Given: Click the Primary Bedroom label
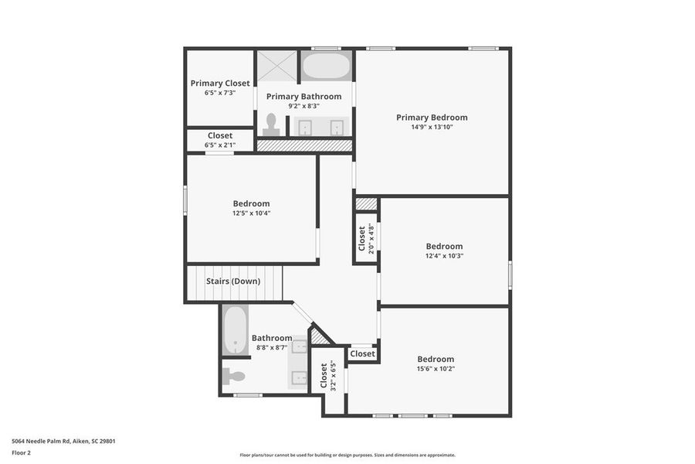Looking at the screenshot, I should (432, 118).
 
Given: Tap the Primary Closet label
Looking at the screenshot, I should (220, 83).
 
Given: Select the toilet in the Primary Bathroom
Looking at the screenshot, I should (271, 124).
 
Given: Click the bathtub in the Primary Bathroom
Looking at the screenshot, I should (325, 67).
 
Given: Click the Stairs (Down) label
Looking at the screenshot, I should (232, 281).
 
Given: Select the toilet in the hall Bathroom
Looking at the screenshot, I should (234, 377).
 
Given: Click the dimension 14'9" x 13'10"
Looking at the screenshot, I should (432, 127).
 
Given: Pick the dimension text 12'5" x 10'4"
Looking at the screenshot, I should (251, 213).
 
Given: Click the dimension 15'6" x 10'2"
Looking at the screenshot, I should (436, 369).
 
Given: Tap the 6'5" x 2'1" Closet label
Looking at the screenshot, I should (219, 135).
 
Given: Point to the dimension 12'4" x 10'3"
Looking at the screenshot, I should (444, 256).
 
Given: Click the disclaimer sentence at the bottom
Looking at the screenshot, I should (347, 455).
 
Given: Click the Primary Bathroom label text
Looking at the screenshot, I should (303, 97).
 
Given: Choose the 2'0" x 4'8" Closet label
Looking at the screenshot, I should (361, 237).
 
